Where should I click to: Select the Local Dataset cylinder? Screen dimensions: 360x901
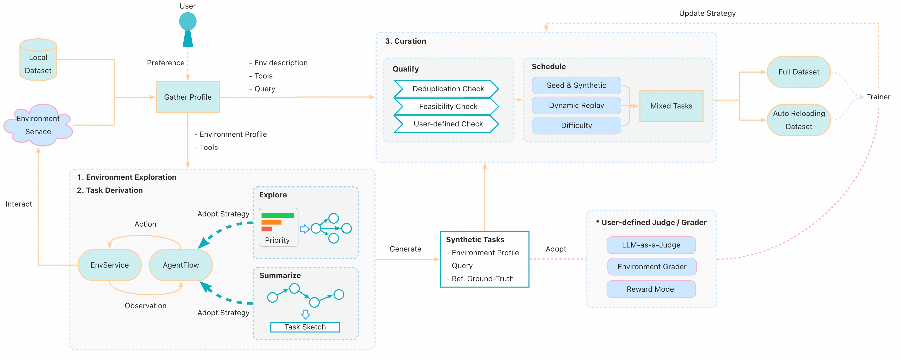pos(38,60)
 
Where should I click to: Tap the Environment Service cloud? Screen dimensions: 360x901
pos(38,125)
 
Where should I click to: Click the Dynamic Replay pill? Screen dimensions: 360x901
pos(576,105)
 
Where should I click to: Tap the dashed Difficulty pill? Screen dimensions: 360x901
pos(576,125)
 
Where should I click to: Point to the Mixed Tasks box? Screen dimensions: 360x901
pos(671,106)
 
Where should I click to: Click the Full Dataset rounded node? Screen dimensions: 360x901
pos(798,72)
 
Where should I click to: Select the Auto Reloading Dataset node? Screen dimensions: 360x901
pos(798,120)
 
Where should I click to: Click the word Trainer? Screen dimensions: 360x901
pos(878,97)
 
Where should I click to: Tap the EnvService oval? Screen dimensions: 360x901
pos(109,265)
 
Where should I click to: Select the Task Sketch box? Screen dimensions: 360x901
pos(305,327)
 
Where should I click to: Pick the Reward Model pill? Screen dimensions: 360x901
pos(651,289)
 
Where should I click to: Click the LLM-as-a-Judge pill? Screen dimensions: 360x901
pos(651,245)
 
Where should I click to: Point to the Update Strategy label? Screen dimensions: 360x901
pos(707,13)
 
